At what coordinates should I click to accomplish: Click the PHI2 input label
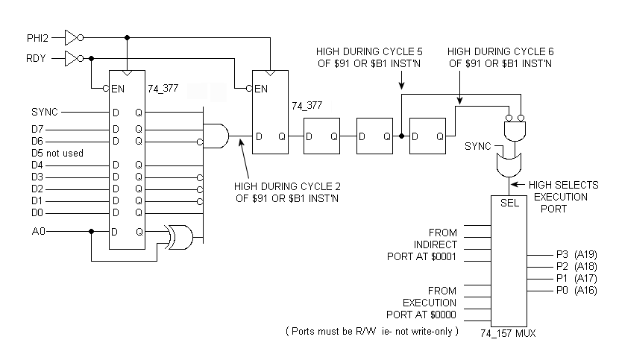coord(37,38)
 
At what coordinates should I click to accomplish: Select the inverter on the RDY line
coord(75,58)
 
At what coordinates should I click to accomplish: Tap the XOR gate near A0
coord(180,238)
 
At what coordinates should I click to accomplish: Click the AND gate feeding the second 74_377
coord(216,136)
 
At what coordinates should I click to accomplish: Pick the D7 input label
coord(37,129)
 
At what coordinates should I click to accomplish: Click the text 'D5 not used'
coord(57,153)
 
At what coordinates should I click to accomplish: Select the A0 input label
coord(38,231)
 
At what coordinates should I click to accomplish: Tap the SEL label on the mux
coord(509,203)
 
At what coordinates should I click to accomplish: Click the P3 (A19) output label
coord(576,255)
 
